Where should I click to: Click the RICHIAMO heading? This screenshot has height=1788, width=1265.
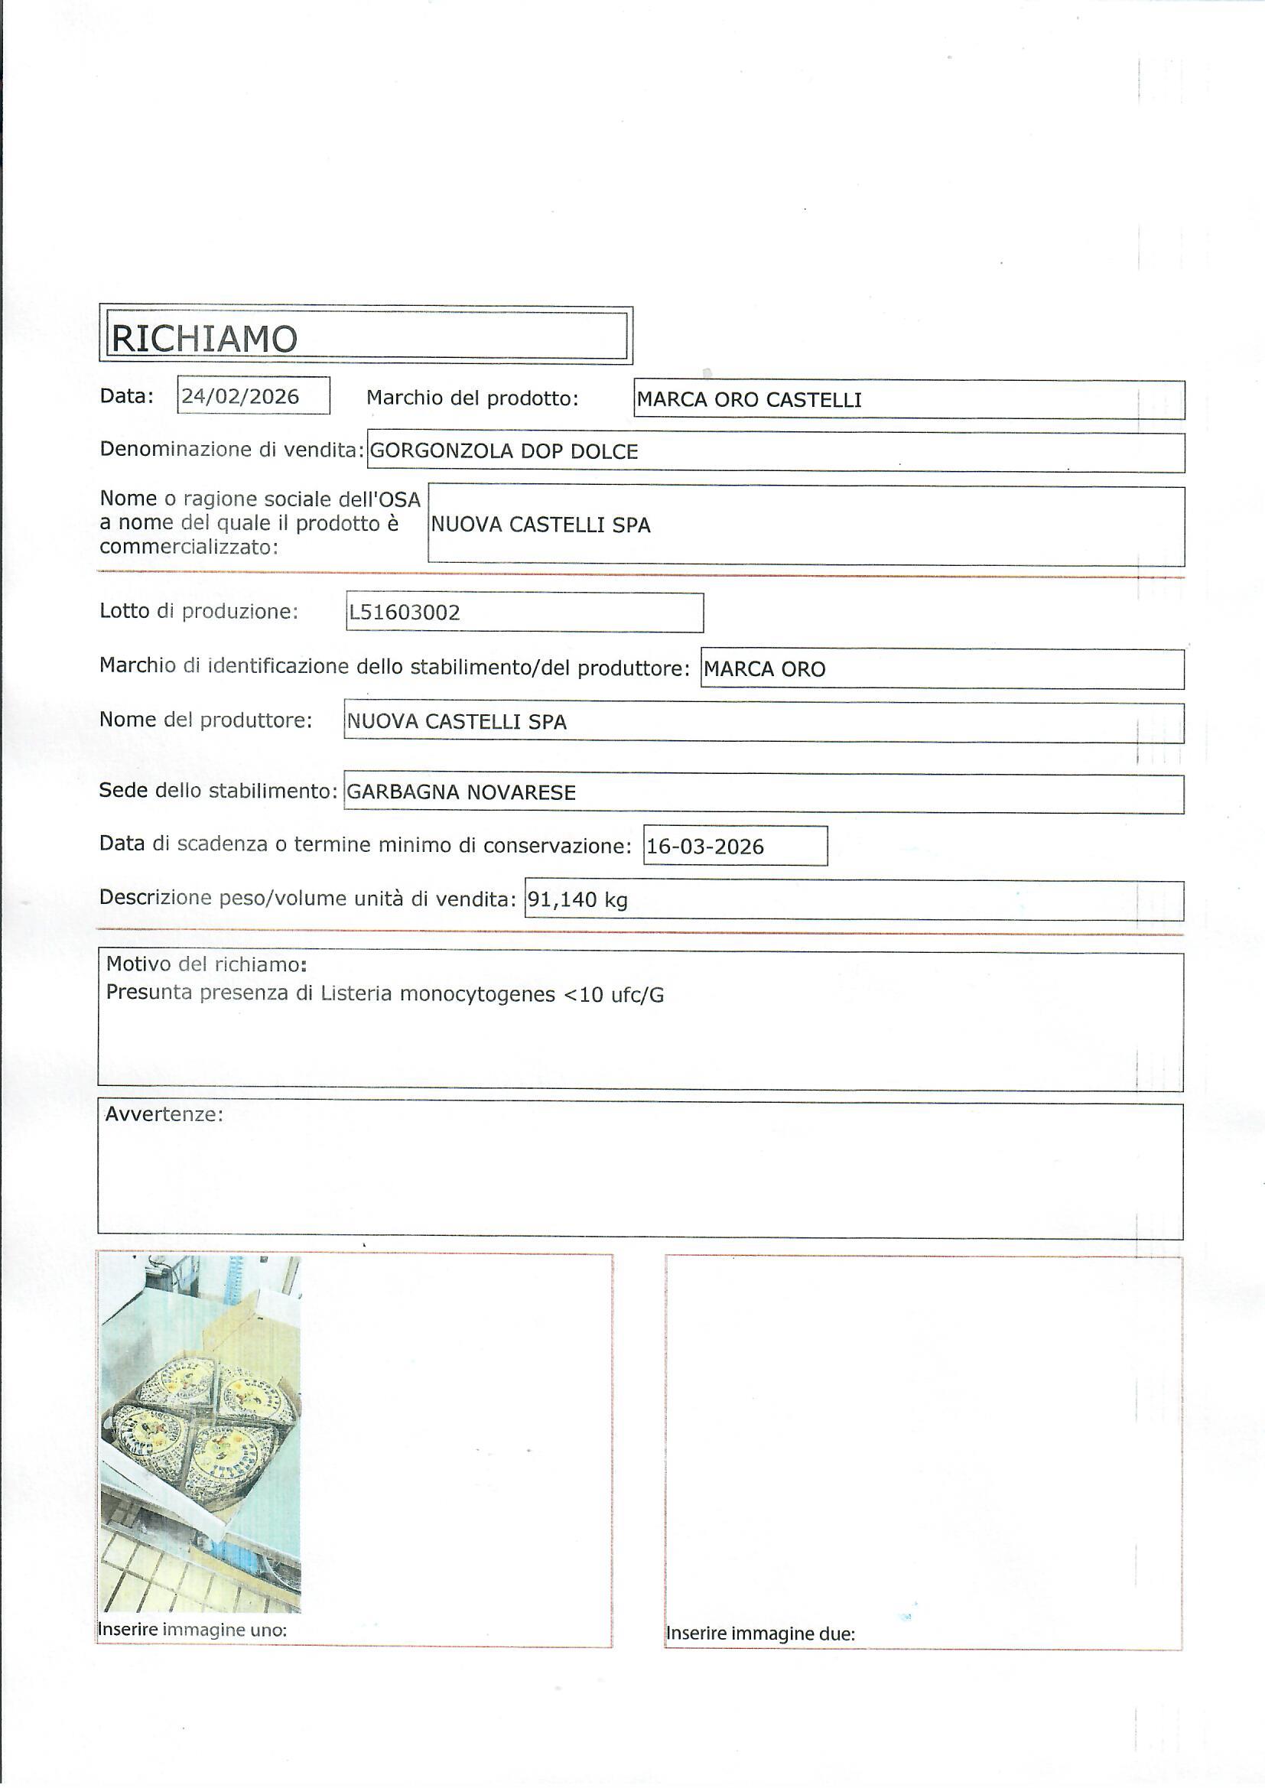[204, 338]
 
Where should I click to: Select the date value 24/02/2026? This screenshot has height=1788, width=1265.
[240, 396]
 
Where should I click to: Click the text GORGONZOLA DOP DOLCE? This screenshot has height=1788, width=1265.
[504, 451]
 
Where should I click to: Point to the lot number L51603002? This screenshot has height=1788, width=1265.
[405, 612]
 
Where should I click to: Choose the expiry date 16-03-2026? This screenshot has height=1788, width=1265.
[705, 847]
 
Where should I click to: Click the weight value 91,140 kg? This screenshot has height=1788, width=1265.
[577, 899]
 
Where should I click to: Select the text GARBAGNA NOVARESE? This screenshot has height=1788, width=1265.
[461, 792]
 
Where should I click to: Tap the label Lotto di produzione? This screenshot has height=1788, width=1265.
[199, 611]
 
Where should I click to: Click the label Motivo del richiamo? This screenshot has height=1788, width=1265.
[206, 964]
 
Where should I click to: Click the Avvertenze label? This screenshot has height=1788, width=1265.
[164, 1113]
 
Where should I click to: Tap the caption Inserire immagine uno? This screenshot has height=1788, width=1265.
[193, 1629]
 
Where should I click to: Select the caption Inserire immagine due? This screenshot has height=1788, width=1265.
[760, 1633]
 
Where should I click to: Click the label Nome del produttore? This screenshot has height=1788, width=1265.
[206, 720]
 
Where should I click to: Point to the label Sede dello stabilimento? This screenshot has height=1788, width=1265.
[218, 792]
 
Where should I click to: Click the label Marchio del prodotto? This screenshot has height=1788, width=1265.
[472, 398]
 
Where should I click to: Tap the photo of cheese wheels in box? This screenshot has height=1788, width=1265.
[200, 1433]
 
